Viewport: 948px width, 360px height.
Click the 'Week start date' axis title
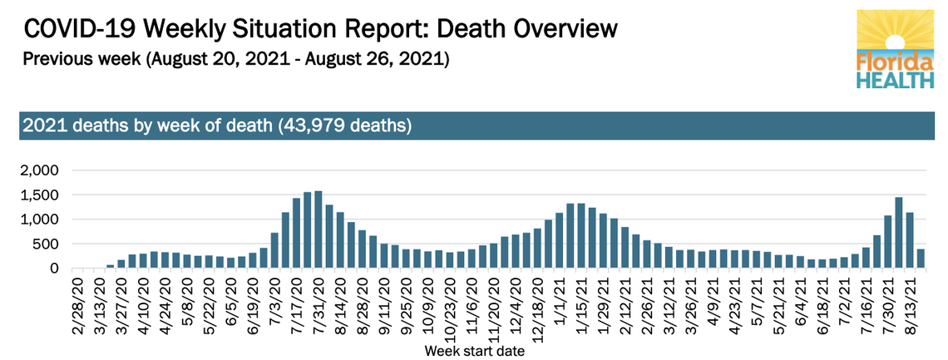pos(475,351)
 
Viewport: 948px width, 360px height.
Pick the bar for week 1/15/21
pos(581,236)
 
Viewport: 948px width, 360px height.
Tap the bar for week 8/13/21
pos(909,240)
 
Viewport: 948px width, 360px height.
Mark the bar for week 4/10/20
pos(143,261)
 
